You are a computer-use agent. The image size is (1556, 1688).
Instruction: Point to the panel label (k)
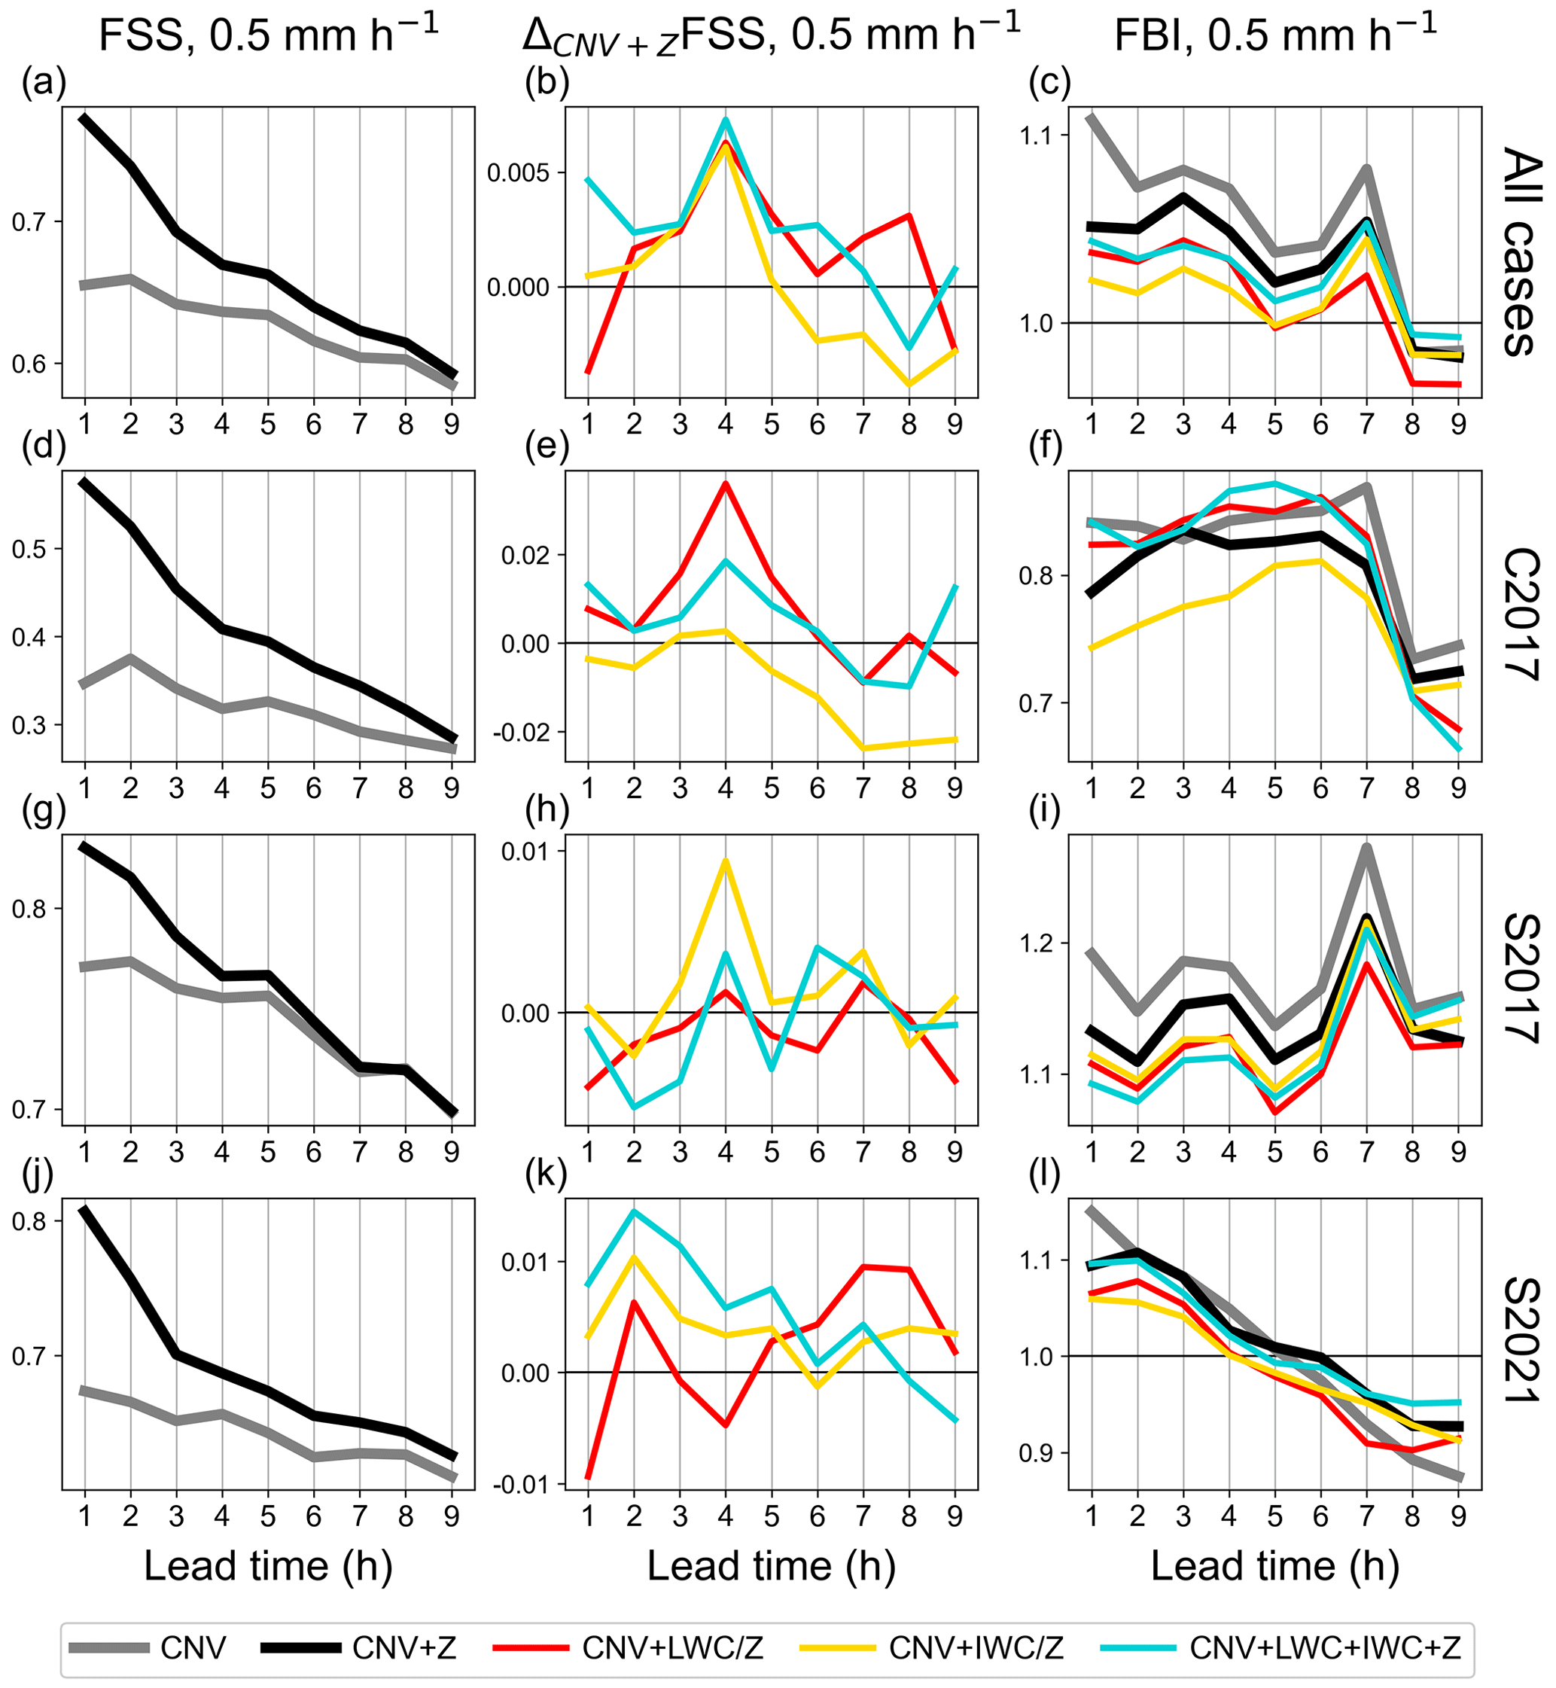click(547, 1174)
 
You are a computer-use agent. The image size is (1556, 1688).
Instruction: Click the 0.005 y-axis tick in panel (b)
click(518, 173)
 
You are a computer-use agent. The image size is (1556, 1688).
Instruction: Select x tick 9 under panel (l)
click(1458, 1516)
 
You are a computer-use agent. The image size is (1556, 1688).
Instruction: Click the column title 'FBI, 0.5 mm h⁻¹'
click(1274, 35)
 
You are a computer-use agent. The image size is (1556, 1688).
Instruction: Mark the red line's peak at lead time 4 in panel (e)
click(725, 483)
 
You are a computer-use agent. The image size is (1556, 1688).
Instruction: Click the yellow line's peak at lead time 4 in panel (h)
click(725, 861)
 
